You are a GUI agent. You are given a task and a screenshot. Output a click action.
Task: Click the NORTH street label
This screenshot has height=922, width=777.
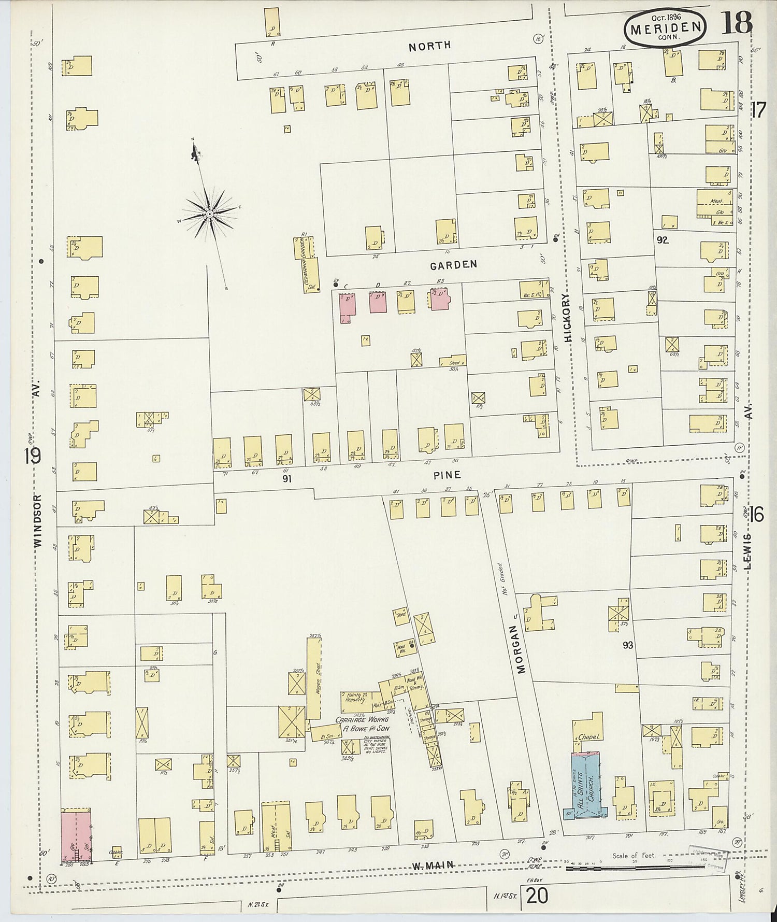pos(429,46)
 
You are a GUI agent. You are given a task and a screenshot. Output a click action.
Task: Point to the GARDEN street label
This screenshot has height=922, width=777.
pos(453,265)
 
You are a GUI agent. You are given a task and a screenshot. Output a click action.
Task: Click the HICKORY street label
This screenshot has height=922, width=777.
pos(567,318)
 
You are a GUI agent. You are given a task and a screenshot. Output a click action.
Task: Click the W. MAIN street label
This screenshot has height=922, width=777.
pos(433,865)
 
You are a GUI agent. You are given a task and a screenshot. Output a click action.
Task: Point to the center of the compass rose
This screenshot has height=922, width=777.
pos(209,214)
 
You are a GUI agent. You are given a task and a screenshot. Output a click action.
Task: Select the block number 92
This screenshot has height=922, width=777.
pos(662,240)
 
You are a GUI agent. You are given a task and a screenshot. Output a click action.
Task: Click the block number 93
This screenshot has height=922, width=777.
pos(628,645)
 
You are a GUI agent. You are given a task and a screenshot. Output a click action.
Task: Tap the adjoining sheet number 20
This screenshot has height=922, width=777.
pos(537,896)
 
